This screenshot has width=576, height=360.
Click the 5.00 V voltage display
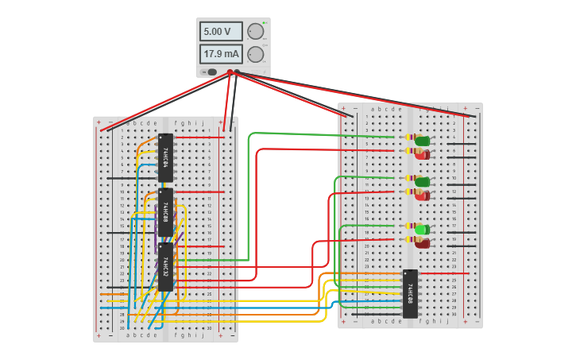point(221,32)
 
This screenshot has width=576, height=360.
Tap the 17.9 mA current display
point(221,54)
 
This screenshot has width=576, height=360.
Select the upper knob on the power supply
point(255,32)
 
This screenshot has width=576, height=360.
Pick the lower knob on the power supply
point(255,54)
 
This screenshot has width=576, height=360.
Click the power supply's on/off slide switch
point(211,72)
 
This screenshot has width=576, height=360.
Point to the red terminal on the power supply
point(230,72)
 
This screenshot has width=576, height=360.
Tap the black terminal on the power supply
point(238,72)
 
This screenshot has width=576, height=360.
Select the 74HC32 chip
point(165,266)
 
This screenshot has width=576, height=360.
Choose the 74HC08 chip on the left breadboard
point(165,211)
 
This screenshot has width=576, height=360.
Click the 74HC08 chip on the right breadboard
point(410,293)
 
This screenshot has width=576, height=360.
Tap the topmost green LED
point(422,141)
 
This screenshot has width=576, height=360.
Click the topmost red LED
point(422,153)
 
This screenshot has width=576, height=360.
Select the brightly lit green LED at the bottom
point(422,230)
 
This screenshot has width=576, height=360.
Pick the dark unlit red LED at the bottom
point(422,242)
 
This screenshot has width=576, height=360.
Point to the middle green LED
point(422,182)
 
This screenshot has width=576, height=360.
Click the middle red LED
point(422,195)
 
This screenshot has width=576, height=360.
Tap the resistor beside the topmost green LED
point(408,137)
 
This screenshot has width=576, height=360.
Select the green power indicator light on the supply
point(265,23)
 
